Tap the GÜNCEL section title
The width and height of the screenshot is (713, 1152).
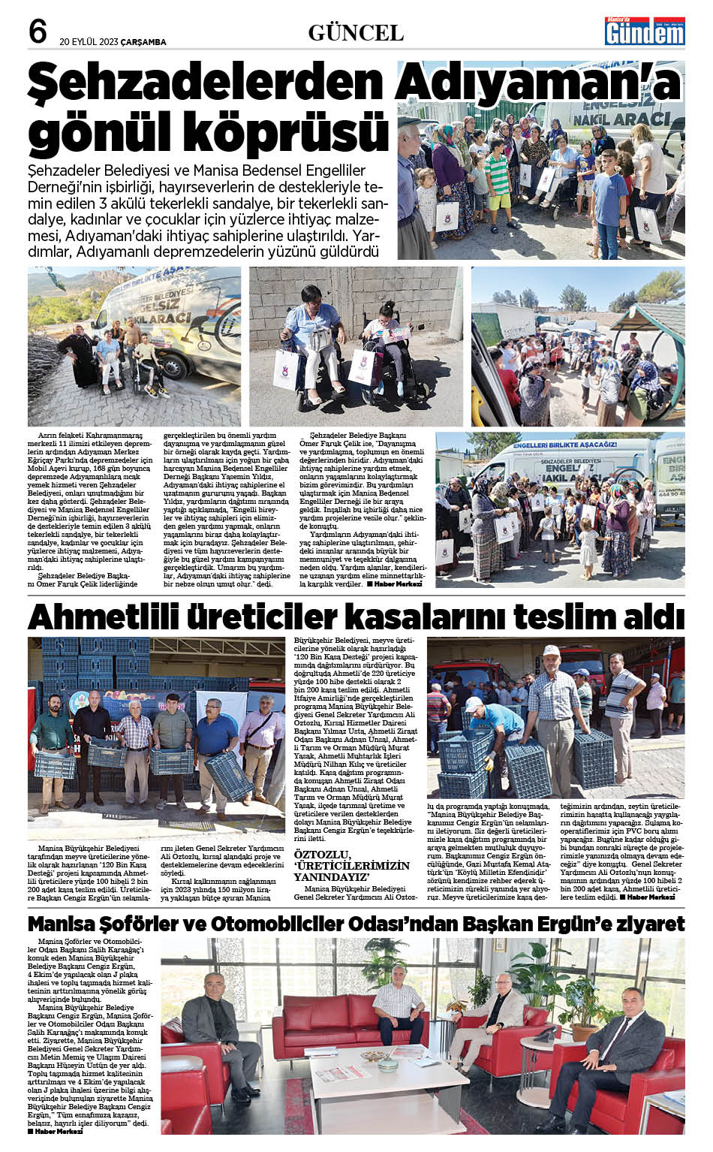click(356, 32)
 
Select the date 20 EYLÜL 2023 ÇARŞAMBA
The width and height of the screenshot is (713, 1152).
click(113, 42)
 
